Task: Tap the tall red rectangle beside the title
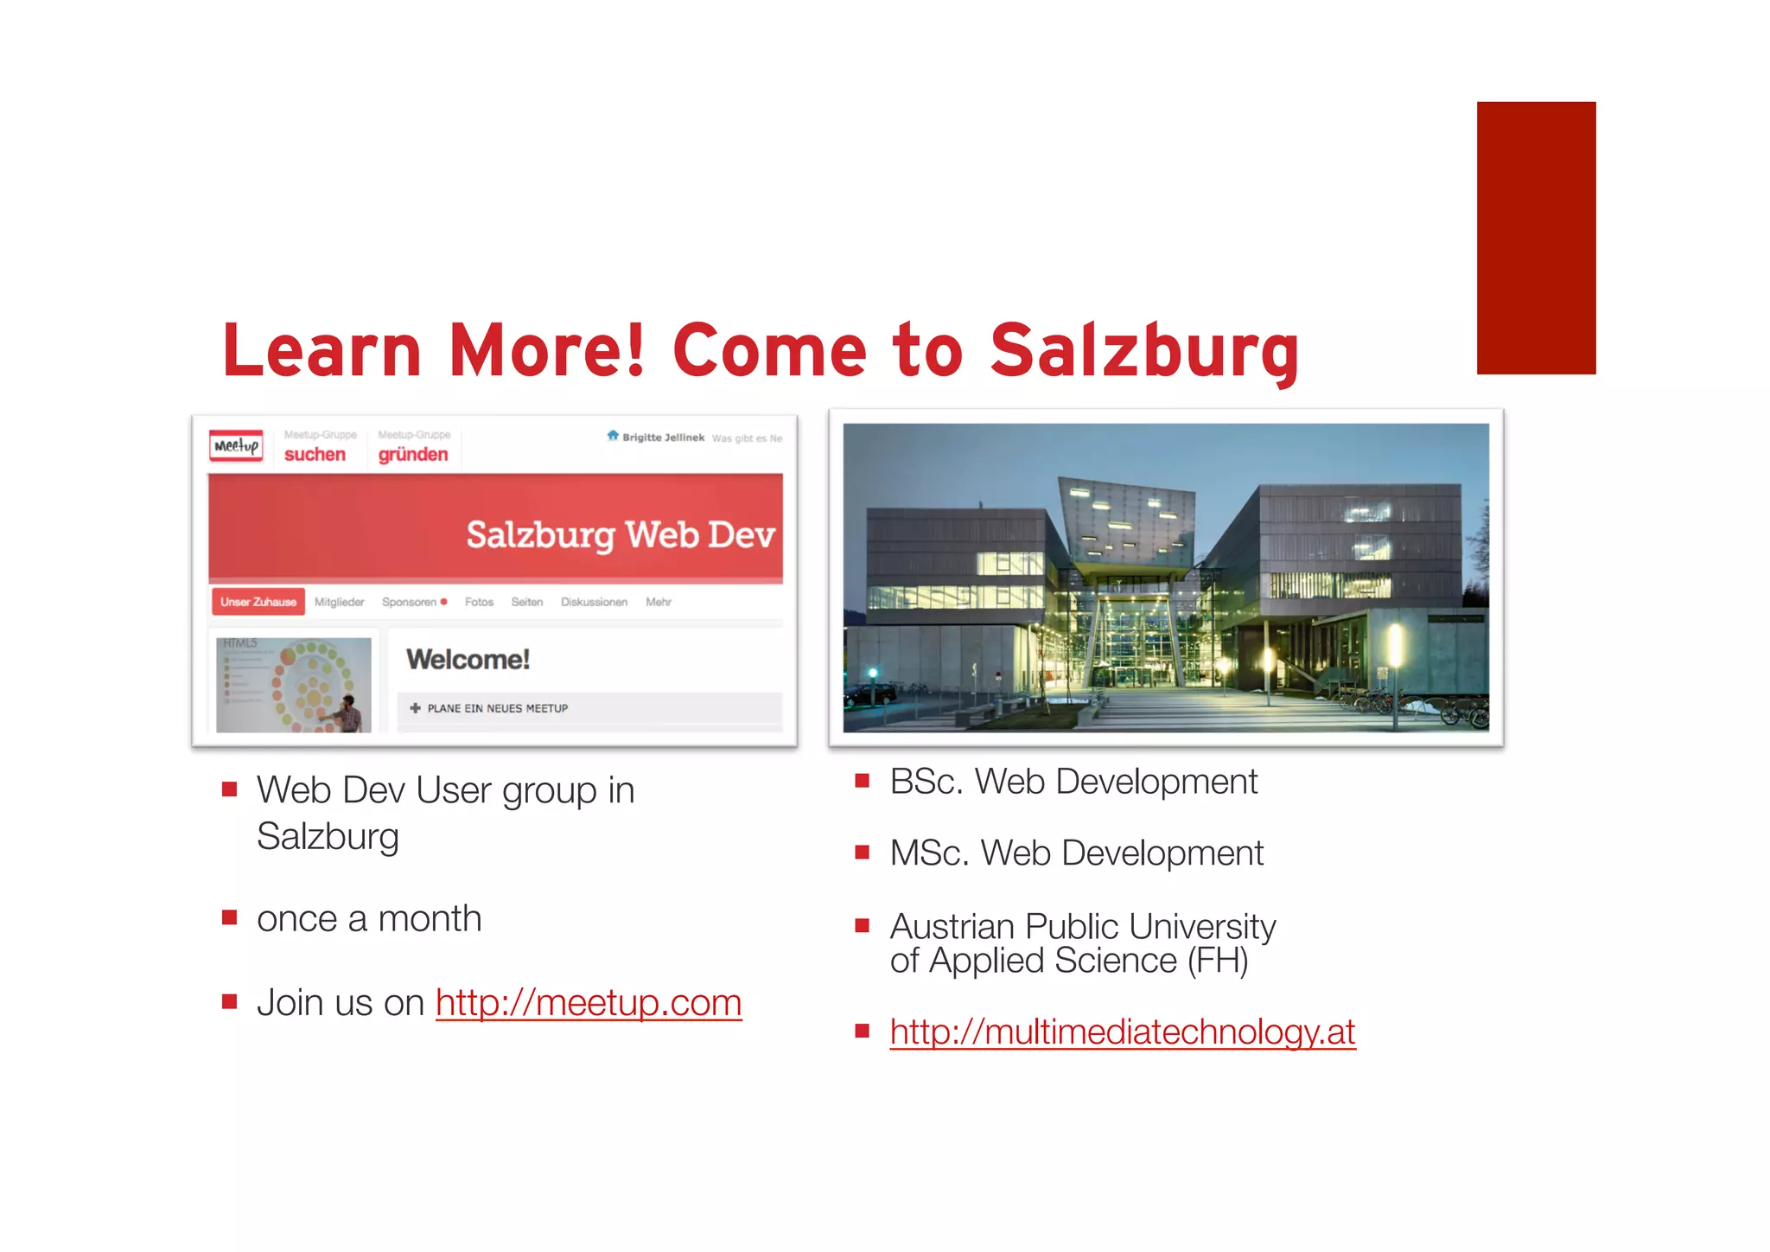pos(1536,238)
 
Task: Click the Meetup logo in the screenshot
pos(236,446)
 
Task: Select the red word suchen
pos(315,455)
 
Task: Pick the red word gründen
pos(413,455)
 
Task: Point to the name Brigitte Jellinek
pos(663,438)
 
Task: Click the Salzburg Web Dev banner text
pos(620,534)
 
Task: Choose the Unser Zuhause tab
pos(258,602)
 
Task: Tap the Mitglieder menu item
pos(339,602)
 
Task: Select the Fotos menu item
pos(479,602)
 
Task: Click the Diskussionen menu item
pos(594,602)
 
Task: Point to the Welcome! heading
pos(468,660)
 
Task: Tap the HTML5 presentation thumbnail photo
pos(294,685)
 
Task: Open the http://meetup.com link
pos(589,1003)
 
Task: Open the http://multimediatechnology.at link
pos(1122,1032)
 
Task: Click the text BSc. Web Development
pos(1073,782)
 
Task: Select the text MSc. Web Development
pos(1076,853)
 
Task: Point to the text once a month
pos(369,918)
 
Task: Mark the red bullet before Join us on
pos(229,1002)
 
